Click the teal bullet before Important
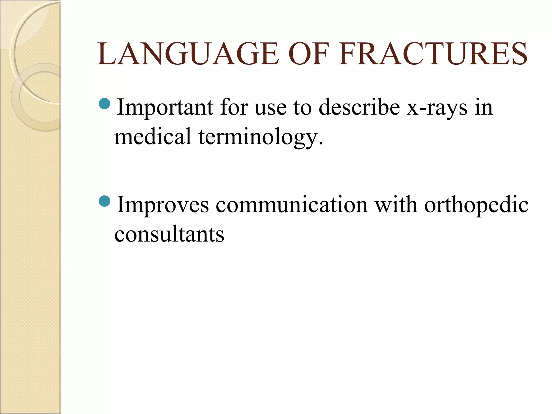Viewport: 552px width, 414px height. click(105, 104)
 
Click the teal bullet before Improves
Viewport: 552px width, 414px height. click(105, 201)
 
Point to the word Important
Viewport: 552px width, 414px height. click(165, 107)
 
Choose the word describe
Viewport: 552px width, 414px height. click(359, 107)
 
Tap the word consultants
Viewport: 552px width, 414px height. click(169, 234)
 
